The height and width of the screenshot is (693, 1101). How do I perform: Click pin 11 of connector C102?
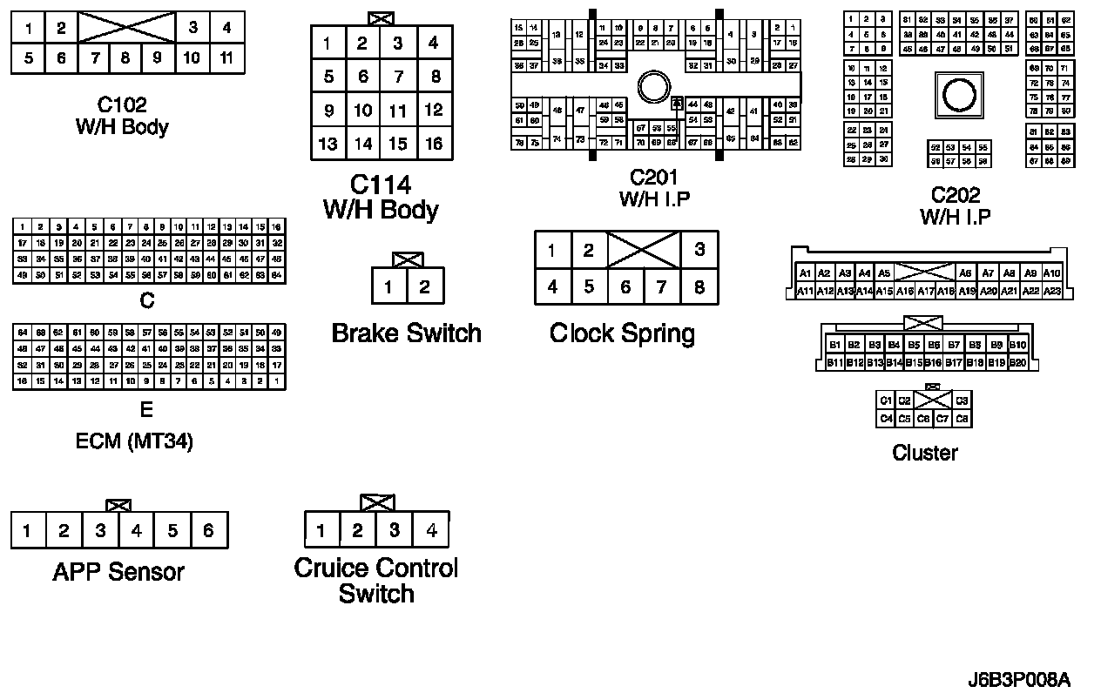(226, 58)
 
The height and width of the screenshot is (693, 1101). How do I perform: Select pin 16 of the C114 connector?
(434, 144)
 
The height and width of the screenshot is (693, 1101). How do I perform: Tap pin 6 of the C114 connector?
(363, 77)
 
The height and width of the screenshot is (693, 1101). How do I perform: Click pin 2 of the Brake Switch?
(424, 286)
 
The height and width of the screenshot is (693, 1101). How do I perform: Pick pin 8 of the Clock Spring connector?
(699, 286)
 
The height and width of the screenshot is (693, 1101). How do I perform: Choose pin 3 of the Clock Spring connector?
(699, 251)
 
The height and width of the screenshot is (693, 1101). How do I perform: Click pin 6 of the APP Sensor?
(208, 530)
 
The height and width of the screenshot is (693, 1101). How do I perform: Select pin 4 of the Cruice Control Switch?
(431, 529)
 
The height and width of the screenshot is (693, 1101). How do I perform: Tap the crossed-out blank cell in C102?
(126, 28)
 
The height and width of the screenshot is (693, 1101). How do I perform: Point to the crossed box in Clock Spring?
(644, 251)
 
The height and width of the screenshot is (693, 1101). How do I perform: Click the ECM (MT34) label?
(134, 441)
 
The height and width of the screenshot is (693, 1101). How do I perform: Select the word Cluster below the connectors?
(924, 453)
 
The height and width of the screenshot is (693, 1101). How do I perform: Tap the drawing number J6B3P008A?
(1018, 679)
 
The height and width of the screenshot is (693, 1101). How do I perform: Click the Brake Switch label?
(406, 333)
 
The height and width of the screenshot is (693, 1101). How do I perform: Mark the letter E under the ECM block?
(146, 409)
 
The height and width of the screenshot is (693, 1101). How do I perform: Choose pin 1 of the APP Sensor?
(28, 530)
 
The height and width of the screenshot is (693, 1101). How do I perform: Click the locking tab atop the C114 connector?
(380, 17)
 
